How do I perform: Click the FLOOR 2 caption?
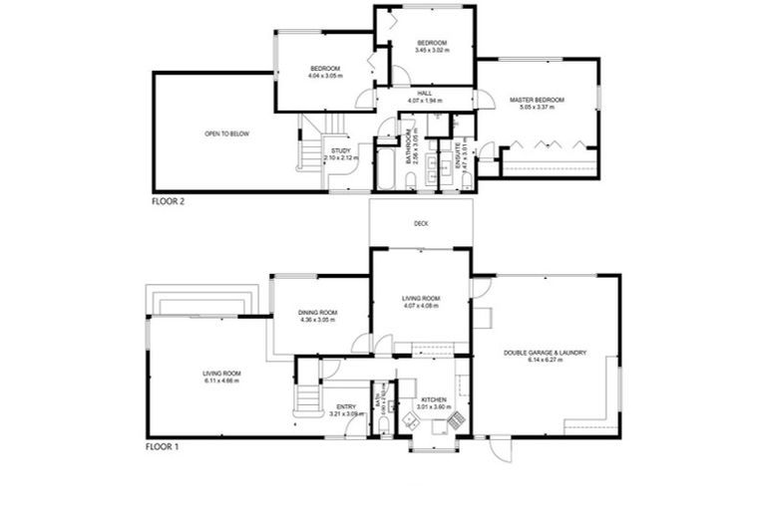[168, 201]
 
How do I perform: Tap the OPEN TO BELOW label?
[226, 132]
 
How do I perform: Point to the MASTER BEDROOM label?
[538, 100]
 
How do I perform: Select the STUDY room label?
[341, 151]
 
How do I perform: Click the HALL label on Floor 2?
[424, 95]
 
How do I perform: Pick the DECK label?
[422, 224]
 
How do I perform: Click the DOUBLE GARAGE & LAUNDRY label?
[545, 353]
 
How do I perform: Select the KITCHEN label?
[434, 400]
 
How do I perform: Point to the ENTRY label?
[346, 405]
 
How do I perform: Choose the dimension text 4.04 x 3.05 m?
[325, 75]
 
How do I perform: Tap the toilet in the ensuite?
[467, 179]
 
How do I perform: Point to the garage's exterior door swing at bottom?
[501, 450]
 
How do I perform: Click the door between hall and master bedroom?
[482, 101]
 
